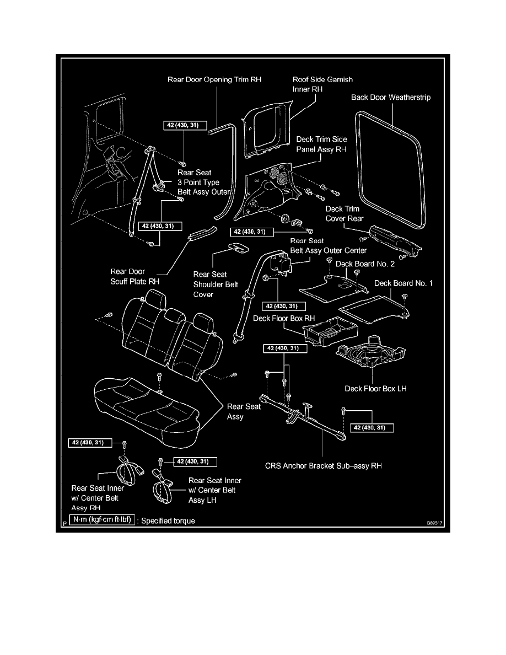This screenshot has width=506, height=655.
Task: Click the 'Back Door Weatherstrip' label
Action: (x=391, y=98)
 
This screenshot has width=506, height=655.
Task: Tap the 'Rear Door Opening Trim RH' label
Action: (x=214, y=79)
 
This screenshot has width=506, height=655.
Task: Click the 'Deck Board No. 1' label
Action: (x=403, y=283)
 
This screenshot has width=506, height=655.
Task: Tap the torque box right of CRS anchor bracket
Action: (x=374, y=427)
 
